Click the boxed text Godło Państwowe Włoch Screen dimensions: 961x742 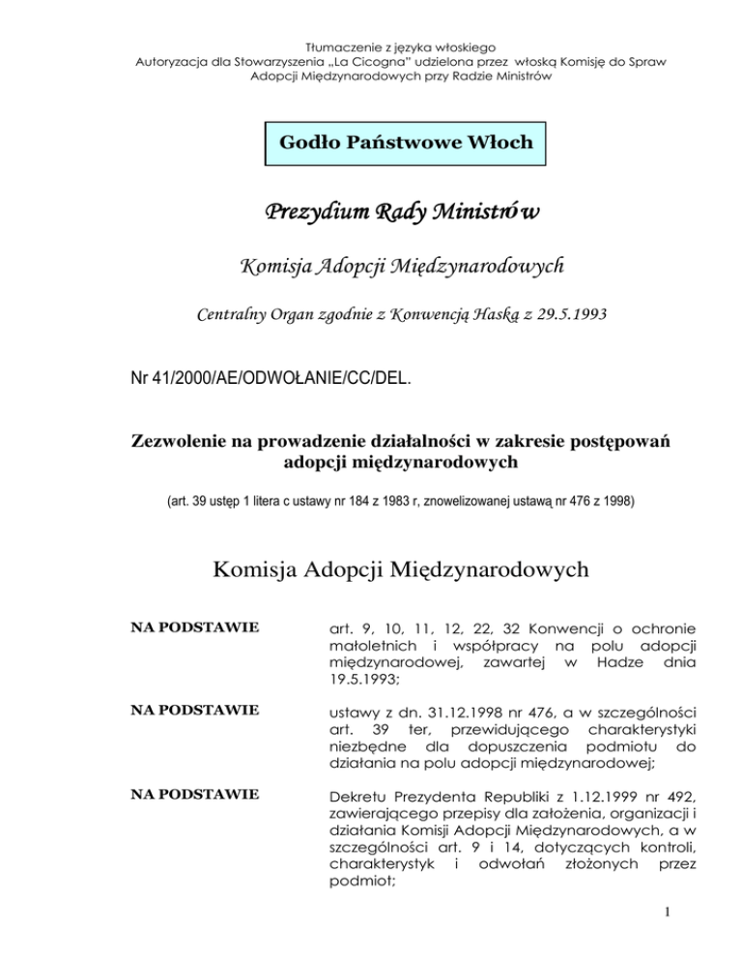tap(406, 142)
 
